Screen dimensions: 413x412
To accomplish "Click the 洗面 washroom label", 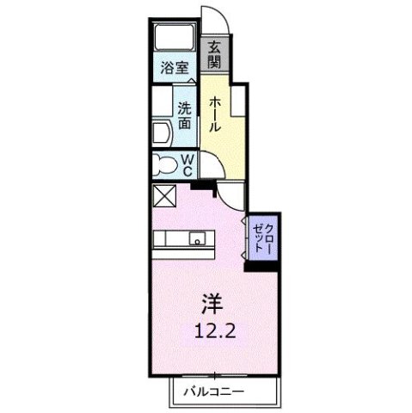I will coord(185,116).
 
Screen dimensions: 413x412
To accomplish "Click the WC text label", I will coord(188,164).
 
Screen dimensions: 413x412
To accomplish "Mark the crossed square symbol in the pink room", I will coord(164,196).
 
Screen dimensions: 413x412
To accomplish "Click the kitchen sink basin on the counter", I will coord(199,239).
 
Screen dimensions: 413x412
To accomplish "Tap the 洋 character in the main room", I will coord(210,302).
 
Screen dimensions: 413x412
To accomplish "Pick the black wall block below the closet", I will coord(259,266).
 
